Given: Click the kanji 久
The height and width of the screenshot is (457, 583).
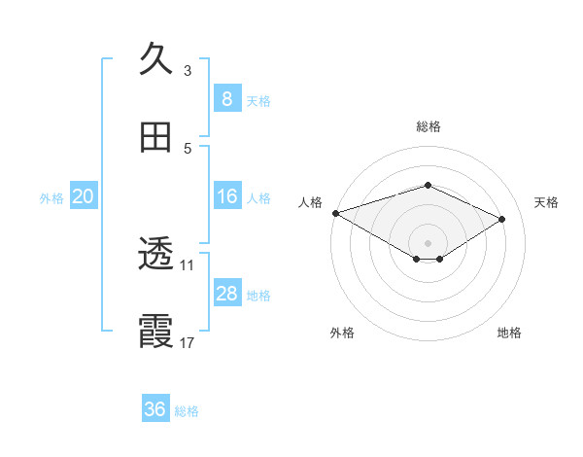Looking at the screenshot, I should pyautogui.click(x=156, y=59).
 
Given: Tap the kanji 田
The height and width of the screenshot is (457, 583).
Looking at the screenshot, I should pyautogui.click(x=156, y=138).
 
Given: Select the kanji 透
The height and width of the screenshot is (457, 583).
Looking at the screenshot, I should pyautogui.click(x=156, y=256).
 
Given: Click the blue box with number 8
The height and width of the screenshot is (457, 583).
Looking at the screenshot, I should pyautogui.click(x=226, y=98).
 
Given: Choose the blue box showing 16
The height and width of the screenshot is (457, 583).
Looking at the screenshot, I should pyautogui.click(x=226, y=196).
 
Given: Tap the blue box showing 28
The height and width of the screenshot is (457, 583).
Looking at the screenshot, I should pyautogui.click(x=226, y=294).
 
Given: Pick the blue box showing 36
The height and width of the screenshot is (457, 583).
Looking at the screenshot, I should pyautogui.click(x=155, y=409).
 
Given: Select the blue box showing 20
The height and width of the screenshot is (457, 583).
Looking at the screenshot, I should pyautogui.click(x=83, y=196).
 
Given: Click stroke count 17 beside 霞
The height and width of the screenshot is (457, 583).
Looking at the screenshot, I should pyautogui.click(x=188, y=342).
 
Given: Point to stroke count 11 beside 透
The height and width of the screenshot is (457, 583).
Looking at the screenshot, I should pyautogui.click(x=188, y=264).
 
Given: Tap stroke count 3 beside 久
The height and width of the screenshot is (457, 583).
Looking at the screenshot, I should pyautogui.click(x=188, y=70).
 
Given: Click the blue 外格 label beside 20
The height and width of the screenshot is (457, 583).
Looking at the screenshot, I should pyautogui.click(x=51, y=197).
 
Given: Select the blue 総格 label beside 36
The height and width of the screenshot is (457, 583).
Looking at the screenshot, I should pyautogui.click(x=187, y=410).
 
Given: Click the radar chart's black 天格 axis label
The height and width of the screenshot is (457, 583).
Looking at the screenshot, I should pyautogui.click(x=546, y=202).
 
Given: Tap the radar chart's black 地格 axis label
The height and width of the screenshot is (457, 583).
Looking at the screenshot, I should pyautogui.click(x=509, y=333).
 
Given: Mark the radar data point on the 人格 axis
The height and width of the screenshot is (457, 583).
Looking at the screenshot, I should pyautogui.click(x=334, y=212).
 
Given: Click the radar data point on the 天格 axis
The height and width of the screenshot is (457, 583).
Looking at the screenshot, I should pyautogui.click(x=502, y=219).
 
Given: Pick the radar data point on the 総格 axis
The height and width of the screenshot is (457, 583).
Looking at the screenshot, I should pyautogui.click(x=428, y=185).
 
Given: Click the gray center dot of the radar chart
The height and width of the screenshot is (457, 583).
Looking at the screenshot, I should pyautogui.click(x=428, y=242).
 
